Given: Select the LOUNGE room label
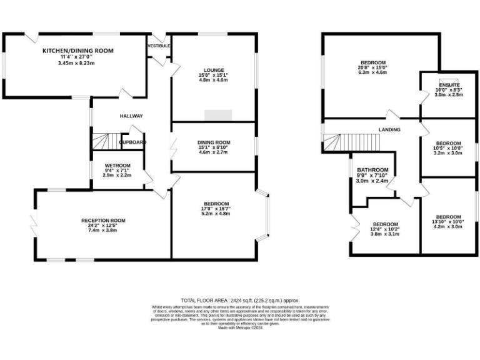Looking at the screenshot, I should tap(213, 70).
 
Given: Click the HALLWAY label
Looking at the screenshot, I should tap(132, 116).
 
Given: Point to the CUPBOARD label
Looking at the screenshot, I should tap(132, 142).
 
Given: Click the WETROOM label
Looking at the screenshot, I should tap(117, 165).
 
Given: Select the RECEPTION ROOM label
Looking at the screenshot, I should tap(103, 220).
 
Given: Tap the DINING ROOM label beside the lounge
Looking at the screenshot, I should tap(214, 142).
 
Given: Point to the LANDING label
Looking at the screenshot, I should tap(389, 129).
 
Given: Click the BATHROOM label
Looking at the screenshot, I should tap(372, 170).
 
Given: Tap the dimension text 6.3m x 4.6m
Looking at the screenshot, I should tap(372, 72).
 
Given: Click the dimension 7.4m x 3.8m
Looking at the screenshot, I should tap(103, 231).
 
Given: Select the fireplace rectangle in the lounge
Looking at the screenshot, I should tap(218, 115).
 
